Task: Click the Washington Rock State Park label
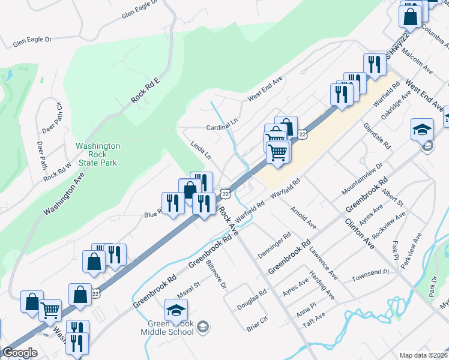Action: coord(97,154)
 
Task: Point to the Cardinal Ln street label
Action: coord(222,124)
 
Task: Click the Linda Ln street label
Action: coord(200,150)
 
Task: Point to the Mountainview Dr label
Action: coord(362,178)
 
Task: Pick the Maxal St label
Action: coord(188,291)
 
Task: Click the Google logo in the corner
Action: coord(20,353)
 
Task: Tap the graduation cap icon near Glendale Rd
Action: coord(422,129)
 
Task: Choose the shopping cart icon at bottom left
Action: coord(50,310)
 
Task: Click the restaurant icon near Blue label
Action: coord(173,202)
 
